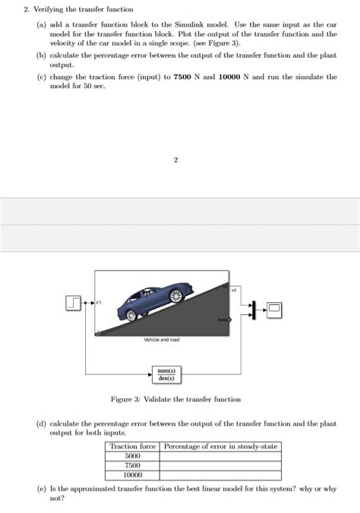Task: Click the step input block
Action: point(74,304)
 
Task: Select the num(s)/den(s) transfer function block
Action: point(166,373)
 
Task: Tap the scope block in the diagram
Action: point(273,309)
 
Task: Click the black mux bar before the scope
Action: point(256,309)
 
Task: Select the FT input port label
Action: point(99,303)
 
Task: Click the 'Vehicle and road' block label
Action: point(161,340)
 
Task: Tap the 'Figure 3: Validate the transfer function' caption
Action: point(175,399)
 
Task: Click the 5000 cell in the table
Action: point(132,456)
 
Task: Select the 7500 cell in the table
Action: point(132,465)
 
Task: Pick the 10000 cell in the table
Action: point(132,475)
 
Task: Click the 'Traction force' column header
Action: point(132,446)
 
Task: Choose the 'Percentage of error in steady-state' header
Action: point(220,446)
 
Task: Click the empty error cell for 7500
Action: point(220,465)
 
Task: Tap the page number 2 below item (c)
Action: point(175,160)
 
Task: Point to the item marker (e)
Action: point(41,489)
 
